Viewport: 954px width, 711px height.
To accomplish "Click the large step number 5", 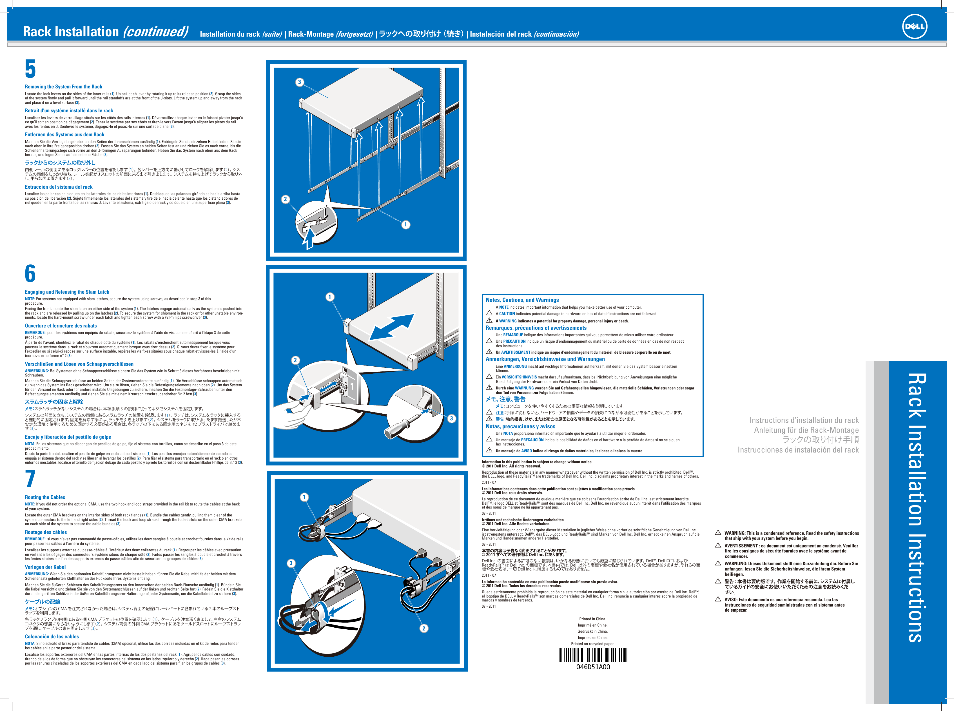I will (30, 69).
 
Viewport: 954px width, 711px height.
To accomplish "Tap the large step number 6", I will (30, 274).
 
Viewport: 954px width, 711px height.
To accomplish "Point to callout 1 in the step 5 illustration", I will (405, 224).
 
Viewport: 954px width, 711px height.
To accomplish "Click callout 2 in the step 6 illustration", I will (295, 360).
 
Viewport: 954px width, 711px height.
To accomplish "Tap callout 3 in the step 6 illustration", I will (451, 418).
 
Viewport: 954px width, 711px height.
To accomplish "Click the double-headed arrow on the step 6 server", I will (392, 327).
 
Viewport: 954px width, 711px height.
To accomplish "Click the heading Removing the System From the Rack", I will (63, 86).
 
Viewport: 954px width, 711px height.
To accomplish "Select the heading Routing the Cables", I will (45, 497).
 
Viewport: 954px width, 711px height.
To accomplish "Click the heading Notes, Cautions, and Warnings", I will (522, 300).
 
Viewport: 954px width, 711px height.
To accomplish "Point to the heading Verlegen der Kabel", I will (45, 567).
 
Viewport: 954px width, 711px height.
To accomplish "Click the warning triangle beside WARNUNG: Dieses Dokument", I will (718, 563).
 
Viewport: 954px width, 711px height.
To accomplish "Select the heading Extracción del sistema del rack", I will (59, 187).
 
